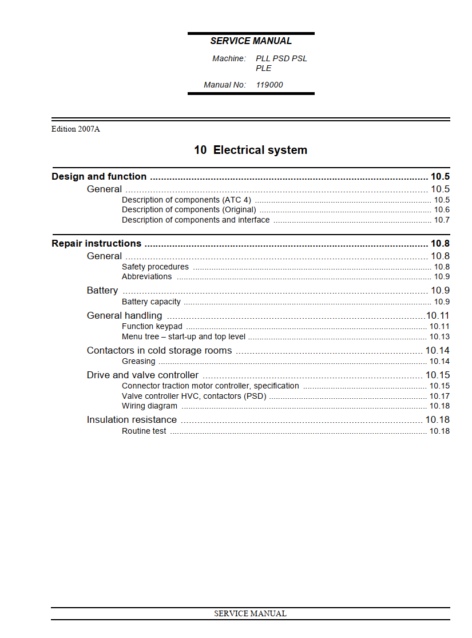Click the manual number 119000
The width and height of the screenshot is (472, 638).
(x=269, y=85)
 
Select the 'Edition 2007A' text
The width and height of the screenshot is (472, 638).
(x=76, y=129)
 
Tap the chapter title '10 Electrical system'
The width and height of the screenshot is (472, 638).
(x=251, y=150)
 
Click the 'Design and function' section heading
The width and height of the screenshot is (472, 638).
(x=99, y=176)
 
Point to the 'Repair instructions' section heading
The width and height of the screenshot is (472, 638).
(x=97, y=243)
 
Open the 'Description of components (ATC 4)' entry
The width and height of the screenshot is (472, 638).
(x=187, y=200)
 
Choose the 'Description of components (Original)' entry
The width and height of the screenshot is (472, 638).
(x=189, y=209)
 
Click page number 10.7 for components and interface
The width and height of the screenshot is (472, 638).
(x=442, y=220)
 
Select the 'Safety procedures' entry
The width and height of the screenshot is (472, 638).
(x=155, y=267)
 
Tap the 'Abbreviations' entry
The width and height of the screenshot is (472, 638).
(x=146, y=276)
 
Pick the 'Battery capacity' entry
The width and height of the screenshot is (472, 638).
(x=151, y=302)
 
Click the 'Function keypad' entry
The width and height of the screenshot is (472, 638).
(x=152, y=326)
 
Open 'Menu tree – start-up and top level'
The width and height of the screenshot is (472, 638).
(x=184, y=336)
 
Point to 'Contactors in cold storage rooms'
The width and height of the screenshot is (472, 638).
(x=159, y=350)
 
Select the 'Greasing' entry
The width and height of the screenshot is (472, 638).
(x=138, y=361)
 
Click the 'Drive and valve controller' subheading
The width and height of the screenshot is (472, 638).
(x=142, y=375)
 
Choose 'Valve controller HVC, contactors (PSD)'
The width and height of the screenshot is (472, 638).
(x=194, y=396)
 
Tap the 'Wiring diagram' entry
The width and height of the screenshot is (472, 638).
(x=149, y=406)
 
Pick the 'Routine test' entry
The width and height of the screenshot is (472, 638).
(x=144, y=431)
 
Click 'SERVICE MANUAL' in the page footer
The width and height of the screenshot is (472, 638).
(x=250, y=613)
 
